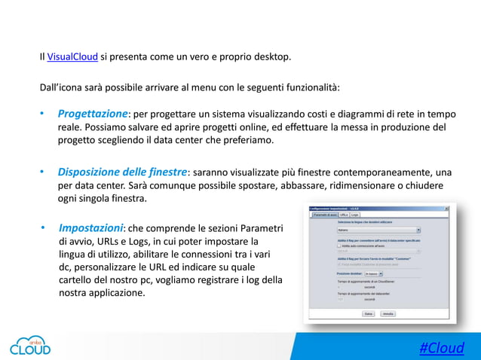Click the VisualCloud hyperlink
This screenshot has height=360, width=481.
pos(72,56)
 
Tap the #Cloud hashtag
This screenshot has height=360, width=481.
pos(441,347)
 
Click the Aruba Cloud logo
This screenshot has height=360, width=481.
pos(30,343)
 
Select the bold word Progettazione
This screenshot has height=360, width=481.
pos(93,113)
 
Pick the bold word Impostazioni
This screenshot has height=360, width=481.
pos(90,227)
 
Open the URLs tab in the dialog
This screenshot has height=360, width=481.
pos(344,215)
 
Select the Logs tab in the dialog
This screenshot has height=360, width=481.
pos(355,215)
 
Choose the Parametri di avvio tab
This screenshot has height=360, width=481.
pos(325,215)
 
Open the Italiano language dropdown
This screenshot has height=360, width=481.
pos(378,230)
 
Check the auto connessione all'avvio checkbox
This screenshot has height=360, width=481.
pos(339,245)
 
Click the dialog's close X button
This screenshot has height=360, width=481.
pos(446,208)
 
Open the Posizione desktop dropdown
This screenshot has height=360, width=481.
pos(372,273)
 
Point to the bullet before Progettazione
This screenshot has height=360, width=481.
pos(43,114)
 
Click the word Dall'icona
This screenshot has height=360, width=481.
pos(63,87)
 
